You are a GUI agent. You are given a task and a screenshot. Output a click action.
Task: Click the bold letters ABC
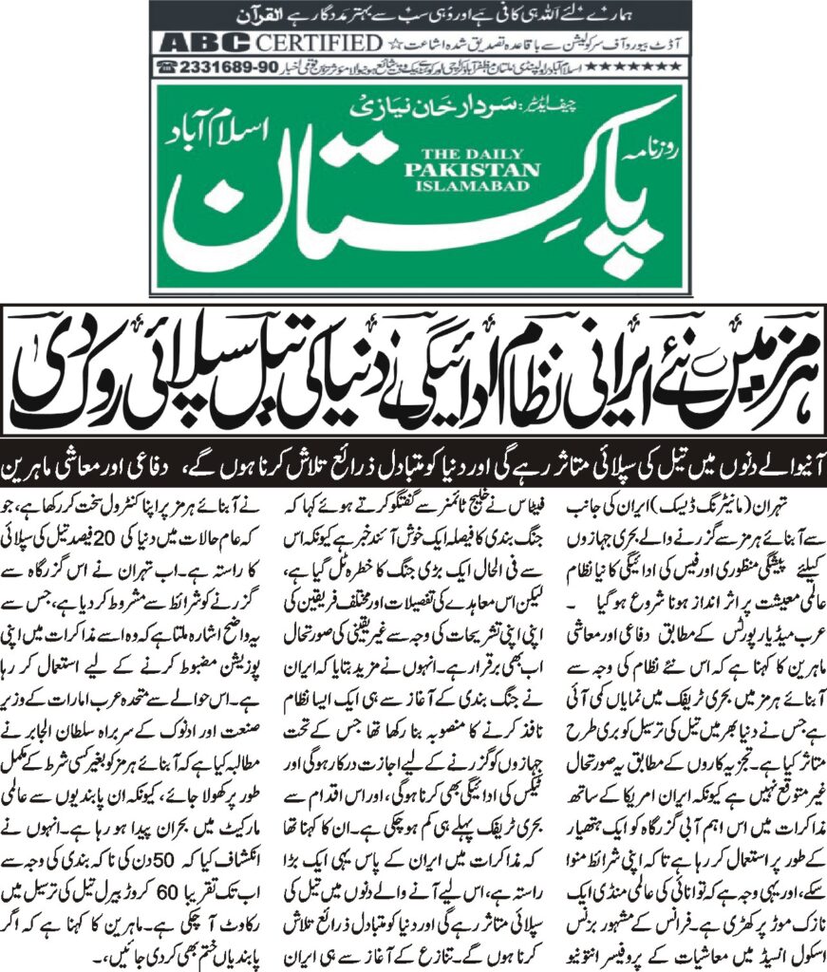204,43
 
